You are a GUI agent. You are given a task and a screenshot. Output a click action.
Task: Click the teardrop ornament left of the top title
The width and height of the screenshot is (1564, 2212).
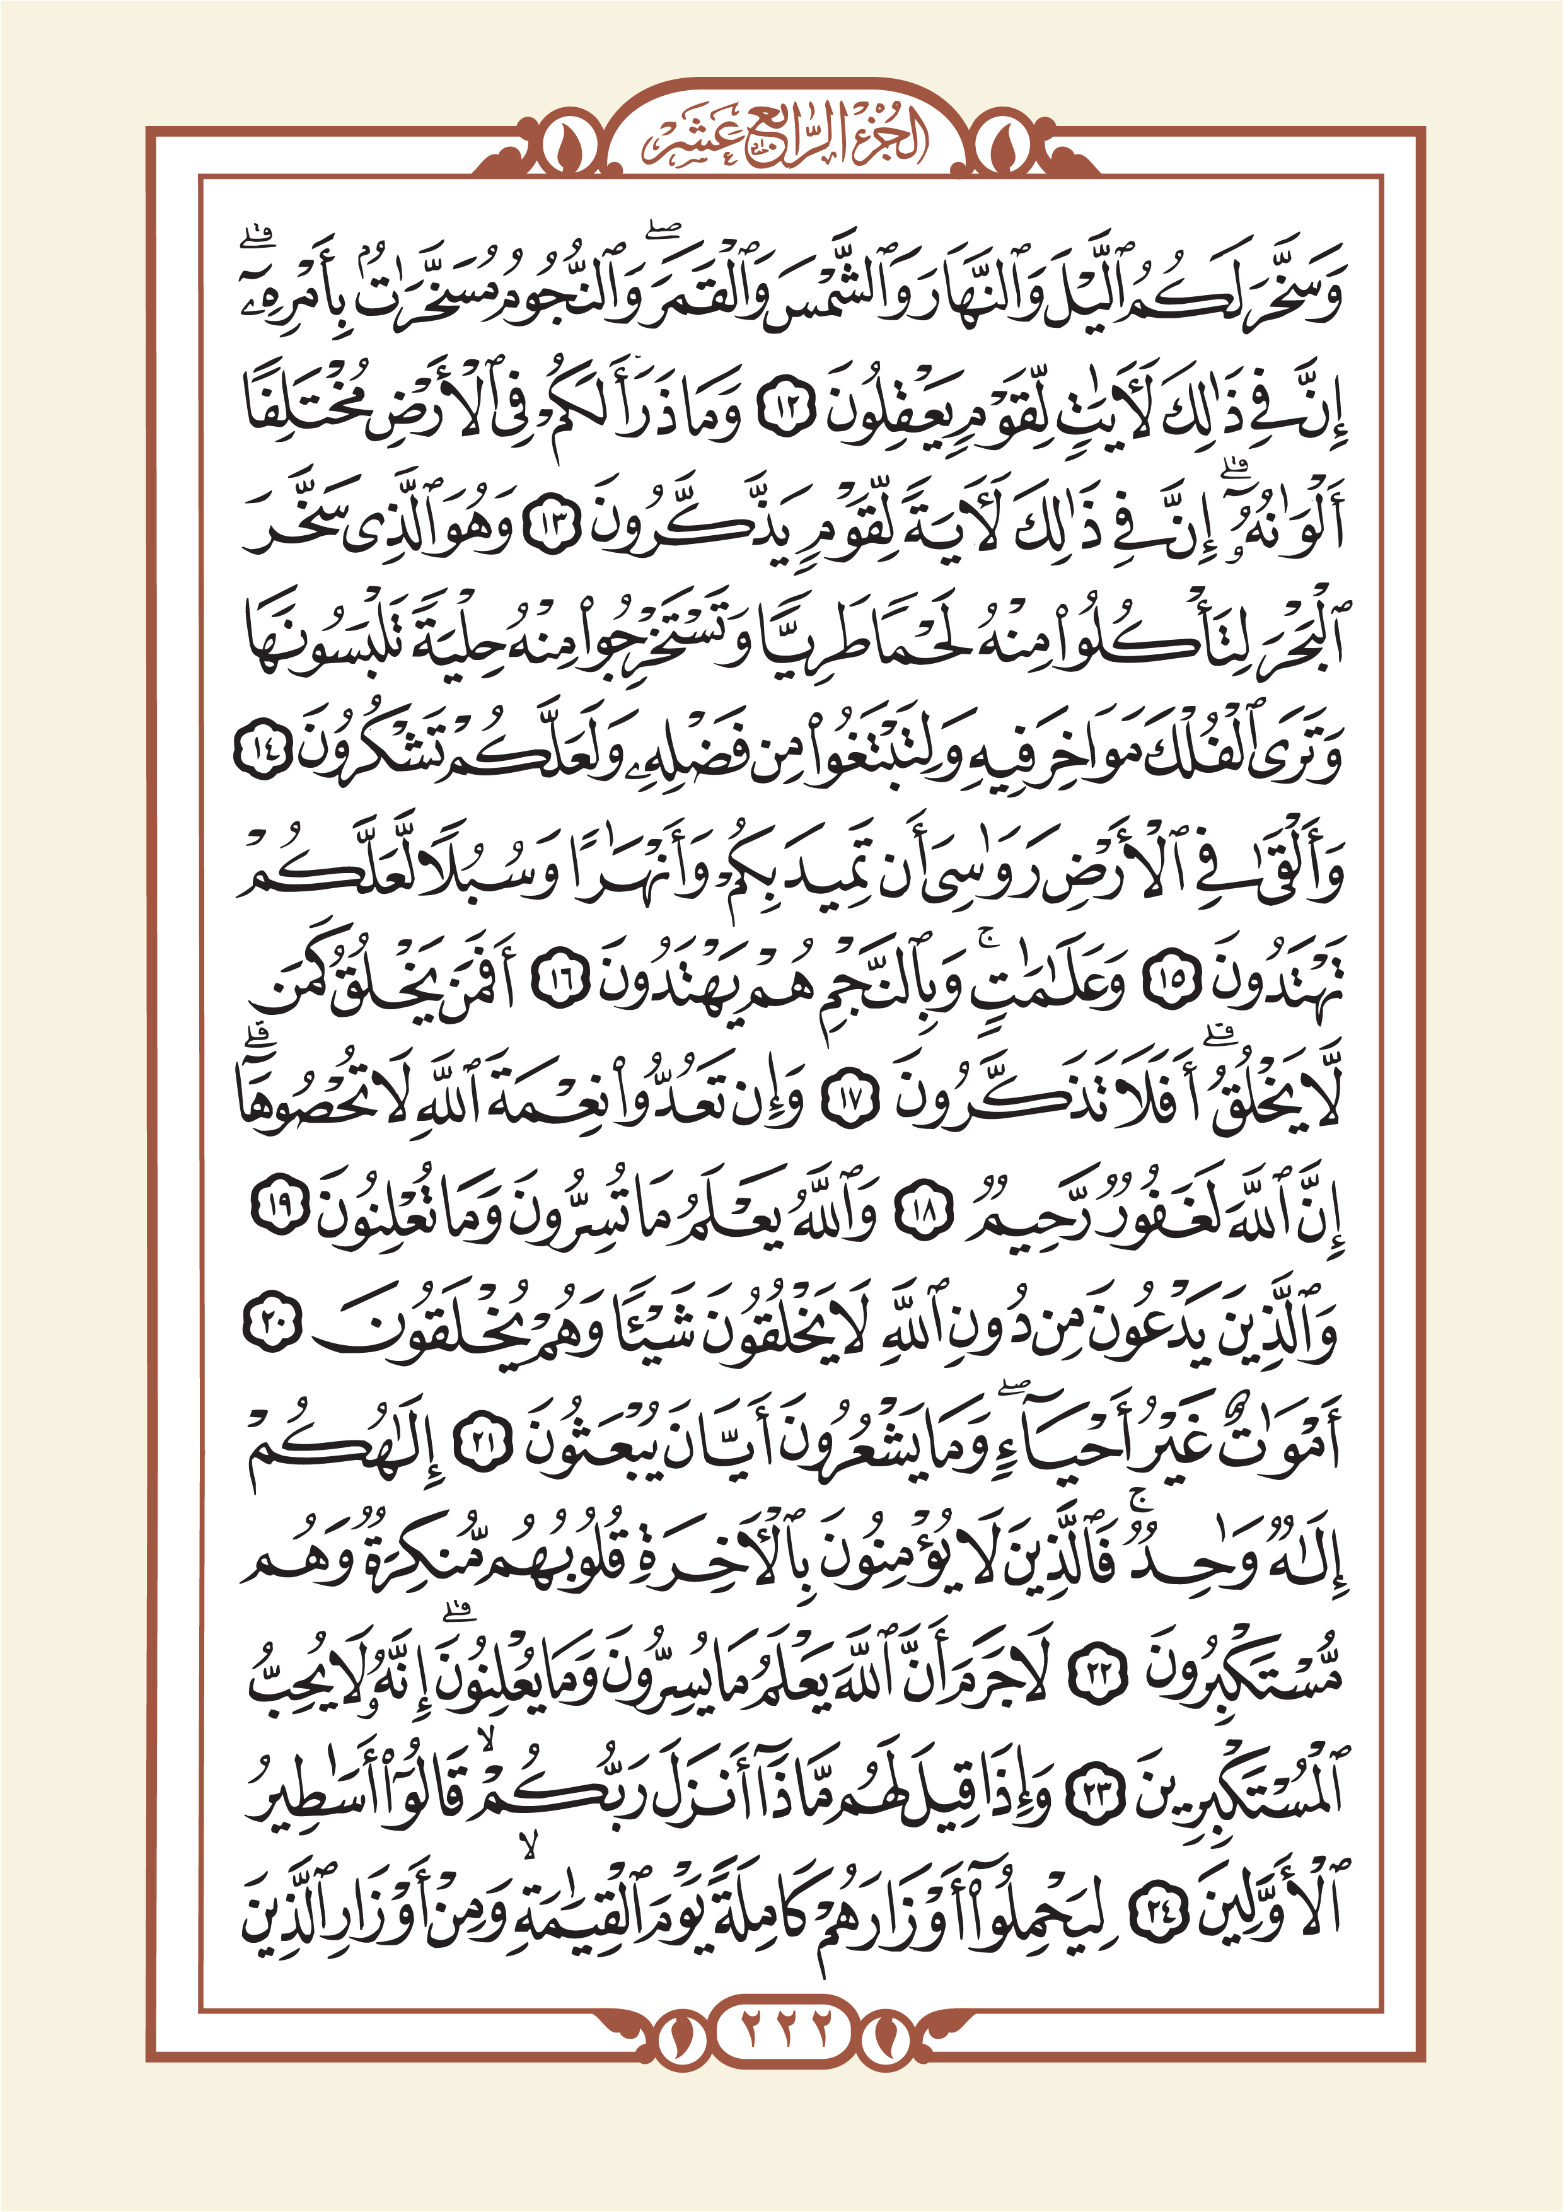coord(559,146)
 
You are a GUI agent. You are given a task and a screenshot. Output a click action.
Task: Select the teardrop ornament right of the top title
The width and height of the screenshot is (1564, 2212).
coord(1005,146)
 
